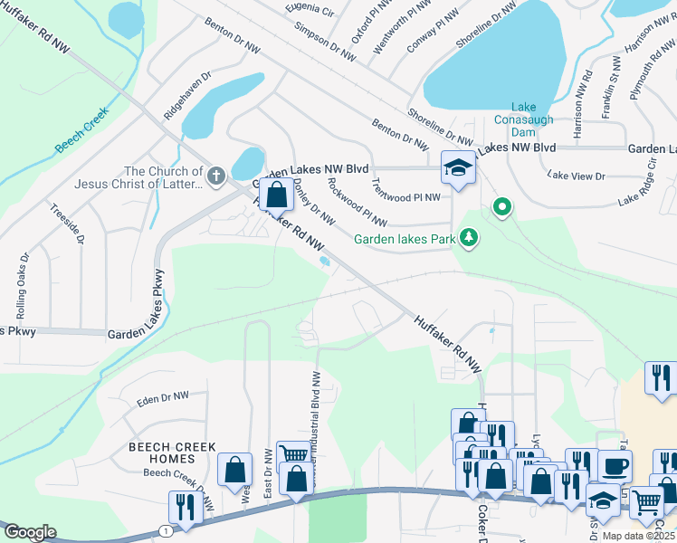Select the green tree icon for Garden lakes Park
point(468,239)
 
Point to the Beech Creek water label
point(81,131)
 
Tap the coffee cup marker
point(615,466)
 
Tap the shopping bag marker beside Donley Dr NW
point(276,192)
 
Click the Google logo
point(30,531)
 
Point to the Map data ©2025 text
point(638,536)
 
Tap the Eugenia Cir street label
point(309,8)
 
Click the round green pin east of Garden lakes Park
point(501,208)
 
